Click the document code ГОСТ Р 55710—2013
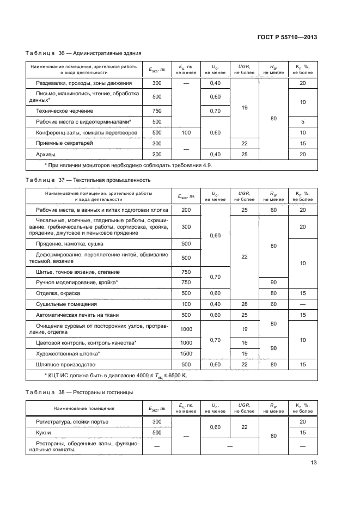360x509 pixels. click(288, 37)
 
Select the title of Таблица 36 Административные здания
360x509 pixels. click(83, 53)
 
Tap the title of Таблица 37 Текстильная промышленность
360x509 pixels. click(88, 180)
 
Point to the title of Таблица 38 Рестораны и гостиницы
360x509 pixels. click(82, 392)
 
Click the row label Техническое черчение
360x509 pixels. click(66, 111)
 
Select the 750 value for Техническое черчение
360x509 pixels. click(157, 111)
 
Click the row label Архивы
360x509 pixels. click(47, 154)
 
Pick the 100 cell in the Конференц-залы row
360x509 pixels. click(187, 132)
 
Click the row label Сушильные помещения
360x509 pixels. click(66, 304)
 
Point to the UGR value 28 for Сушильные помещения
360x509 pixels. click(245, 304)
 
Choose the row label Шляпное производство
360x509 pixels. click(65, 364)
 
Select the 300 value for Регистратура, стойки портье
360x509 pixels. click(157, 422)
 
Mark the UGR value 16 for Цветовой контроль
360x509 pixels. click(245, 342)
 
